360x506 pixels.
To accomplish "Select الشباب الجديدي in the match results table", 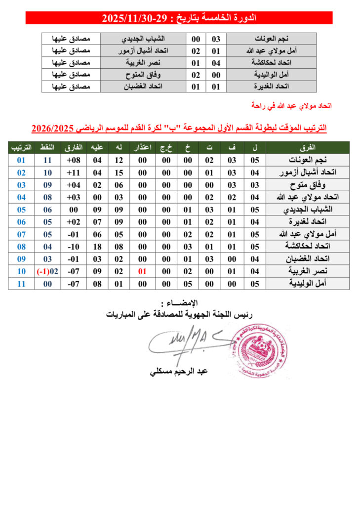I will pos(143,39).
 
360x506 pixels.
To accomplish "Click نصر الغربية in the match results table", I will pos(143,63).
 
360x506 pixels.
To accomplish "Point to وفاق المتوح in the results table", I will pos(143,75).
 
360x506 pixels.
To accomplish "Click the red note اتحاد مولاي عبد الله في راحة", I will pos(291,106).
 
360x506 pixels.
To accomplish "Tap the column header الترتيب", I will pos(22,148).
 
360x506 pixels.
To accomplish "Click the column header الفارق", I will pos(74,148).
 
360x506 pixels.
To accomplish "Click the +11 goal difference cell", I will pos(74,172).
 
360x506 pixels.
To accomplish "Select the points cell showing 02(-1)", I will pos(47,271).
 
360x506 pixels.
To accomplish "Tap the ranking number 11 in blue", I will pos(22,284).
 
